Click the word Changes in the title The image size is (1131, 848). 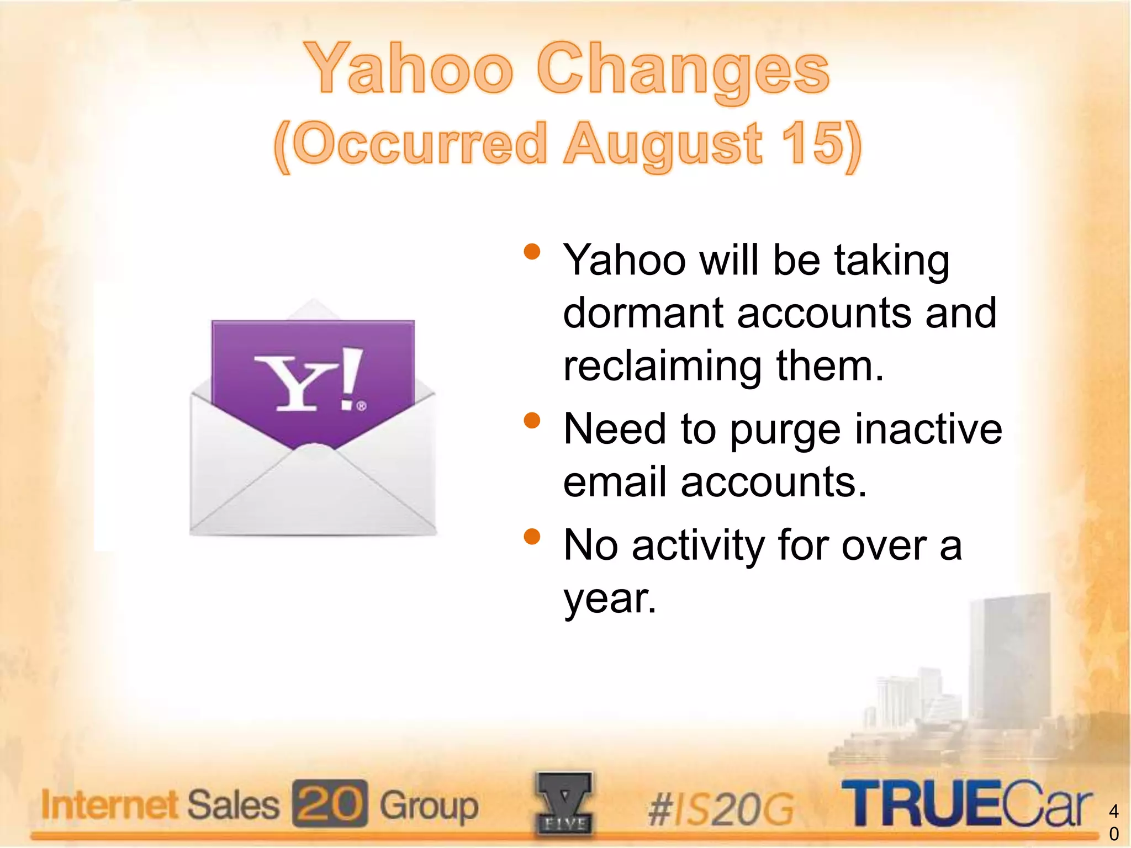pyautogui.click(x=683, y=72)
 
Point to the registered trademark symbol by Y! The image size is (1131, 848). pyautogui.click(x=361, y=406)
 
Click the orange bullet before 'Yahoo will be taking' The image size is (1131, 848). pyautogui.click(x=532, y=252)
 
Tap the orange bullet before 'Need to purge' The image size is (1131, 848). pyautogui.click(x=532, y=421)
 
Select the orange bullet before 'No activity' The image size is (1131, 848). pyautogui.click(x=532, y=537)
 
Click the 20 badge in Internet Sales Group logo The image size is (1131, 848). pyautogui.click(x=330, y=803)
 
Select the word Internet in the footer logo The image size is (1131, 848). pyautogui.click(x=109, y=804)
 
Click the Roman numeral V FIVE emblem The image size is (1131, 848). pyautogui.click(x=564, y=803)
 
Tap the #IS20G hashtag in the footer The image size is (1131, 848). pyautogui.click(x=721, y=809)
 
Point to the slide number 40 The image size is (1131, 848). pyautogui.click(x=1114, y=822)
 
